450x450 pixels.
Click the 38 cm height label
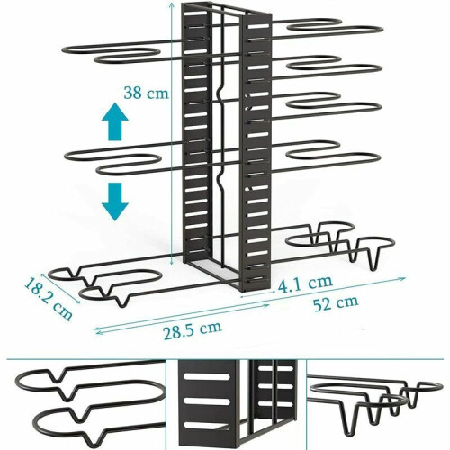point(147,93)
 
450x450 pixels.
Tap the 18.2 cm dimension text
point(49,300)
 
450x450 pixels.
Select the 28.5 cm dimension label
point(193,330)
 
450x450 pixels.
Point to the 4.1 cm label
point(305,283)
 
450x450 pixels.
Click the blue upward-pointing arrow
point(115,121)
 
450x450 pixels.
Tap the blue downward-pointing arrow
point(115,202)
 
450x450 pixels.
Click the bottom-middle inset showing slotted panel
point(236,405)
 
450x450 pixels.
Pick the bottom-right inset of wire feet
point(375,405)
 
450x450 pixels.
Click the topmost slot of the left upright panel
point(196,14)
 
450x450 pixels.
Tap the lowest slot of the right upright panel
point(257,279)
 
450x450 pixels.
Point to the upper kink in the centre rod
point(220,94)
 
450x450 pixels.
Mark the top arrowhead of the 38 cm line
point(171,4)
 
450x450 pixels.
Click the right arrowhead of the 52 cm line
point(403,278)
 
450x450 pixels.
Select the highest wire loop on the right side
point(315,25)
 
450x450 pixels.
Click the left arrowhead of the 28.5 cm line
point(97,330)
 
